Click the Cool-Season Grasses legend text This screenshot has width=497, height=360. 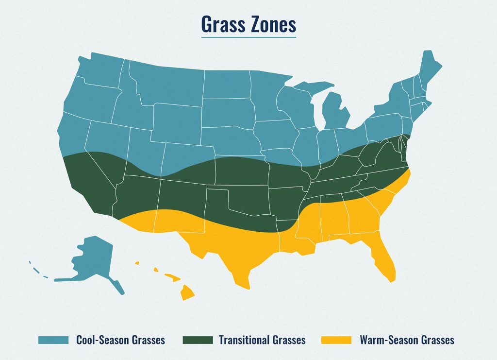[120, 340]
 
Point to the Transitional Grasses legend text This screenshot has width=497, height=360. [262, 340]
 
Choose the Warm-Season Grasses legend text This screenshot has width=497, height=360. [407, 340]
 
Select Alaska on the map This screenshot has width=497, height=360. [92, 260]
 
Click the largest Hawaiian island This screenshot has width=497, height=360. [188, 293]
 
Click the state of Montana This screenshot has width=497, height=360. [165, 83]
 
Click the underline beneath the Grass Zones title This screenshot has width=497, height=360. [248, 36]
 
